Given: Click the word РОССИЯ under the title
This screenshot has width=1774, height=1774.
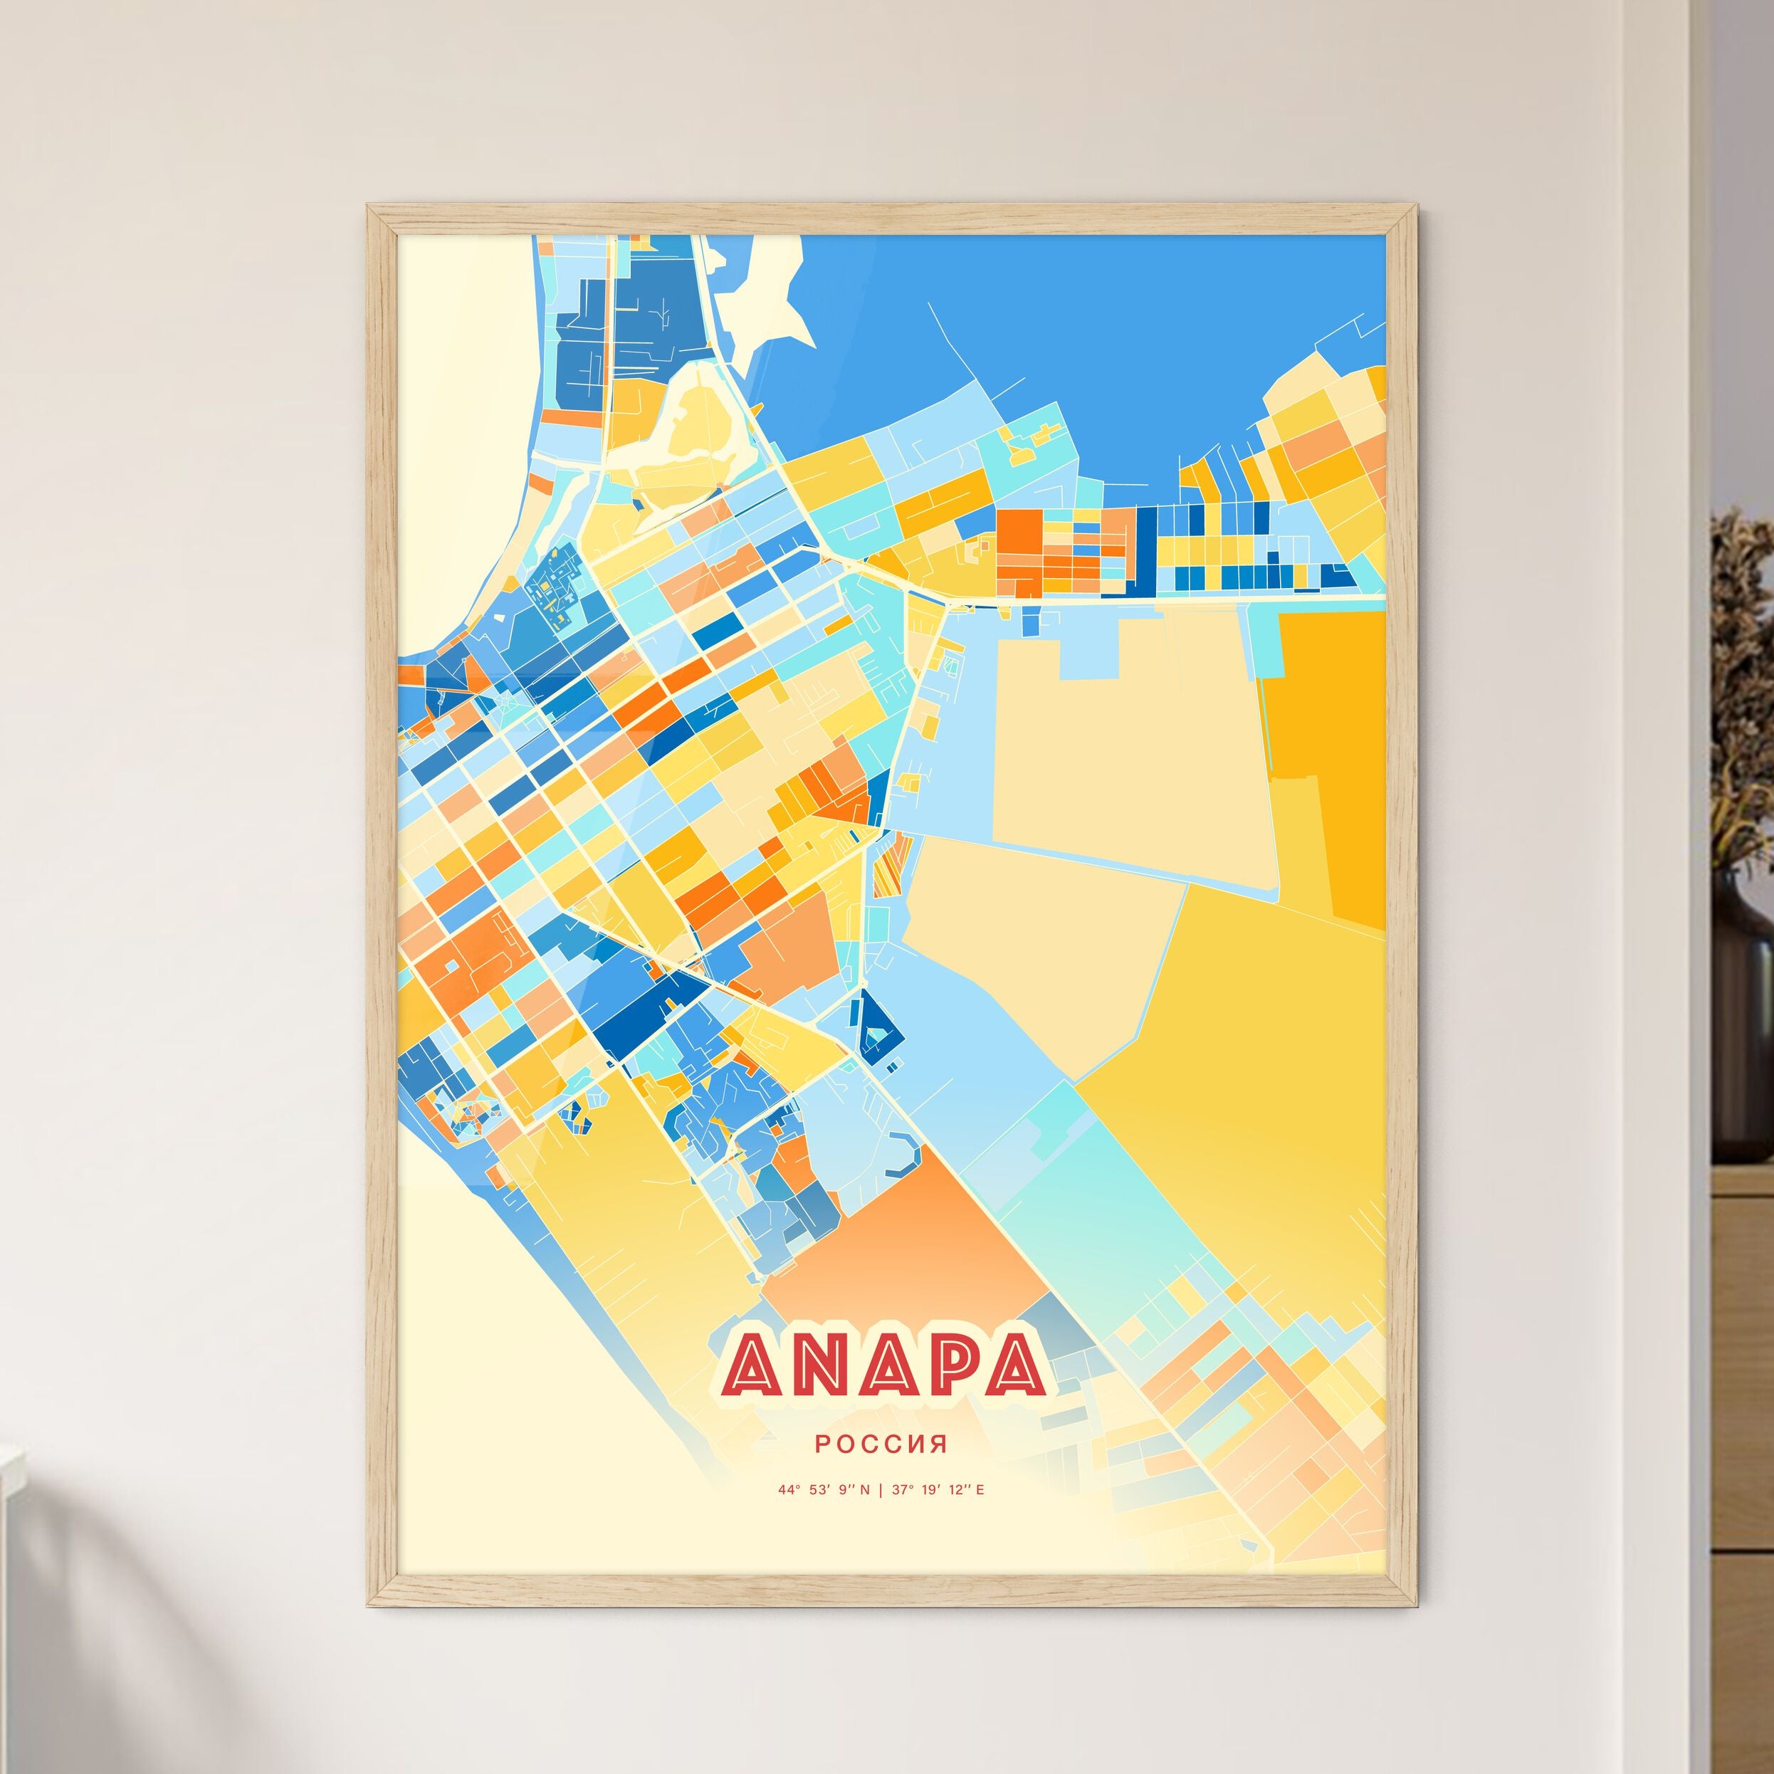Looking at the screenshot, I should [x=881, y=1444].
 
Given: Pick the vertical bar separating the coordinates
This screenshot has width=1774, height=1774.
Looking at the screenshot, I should [x=881, y=1489].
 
